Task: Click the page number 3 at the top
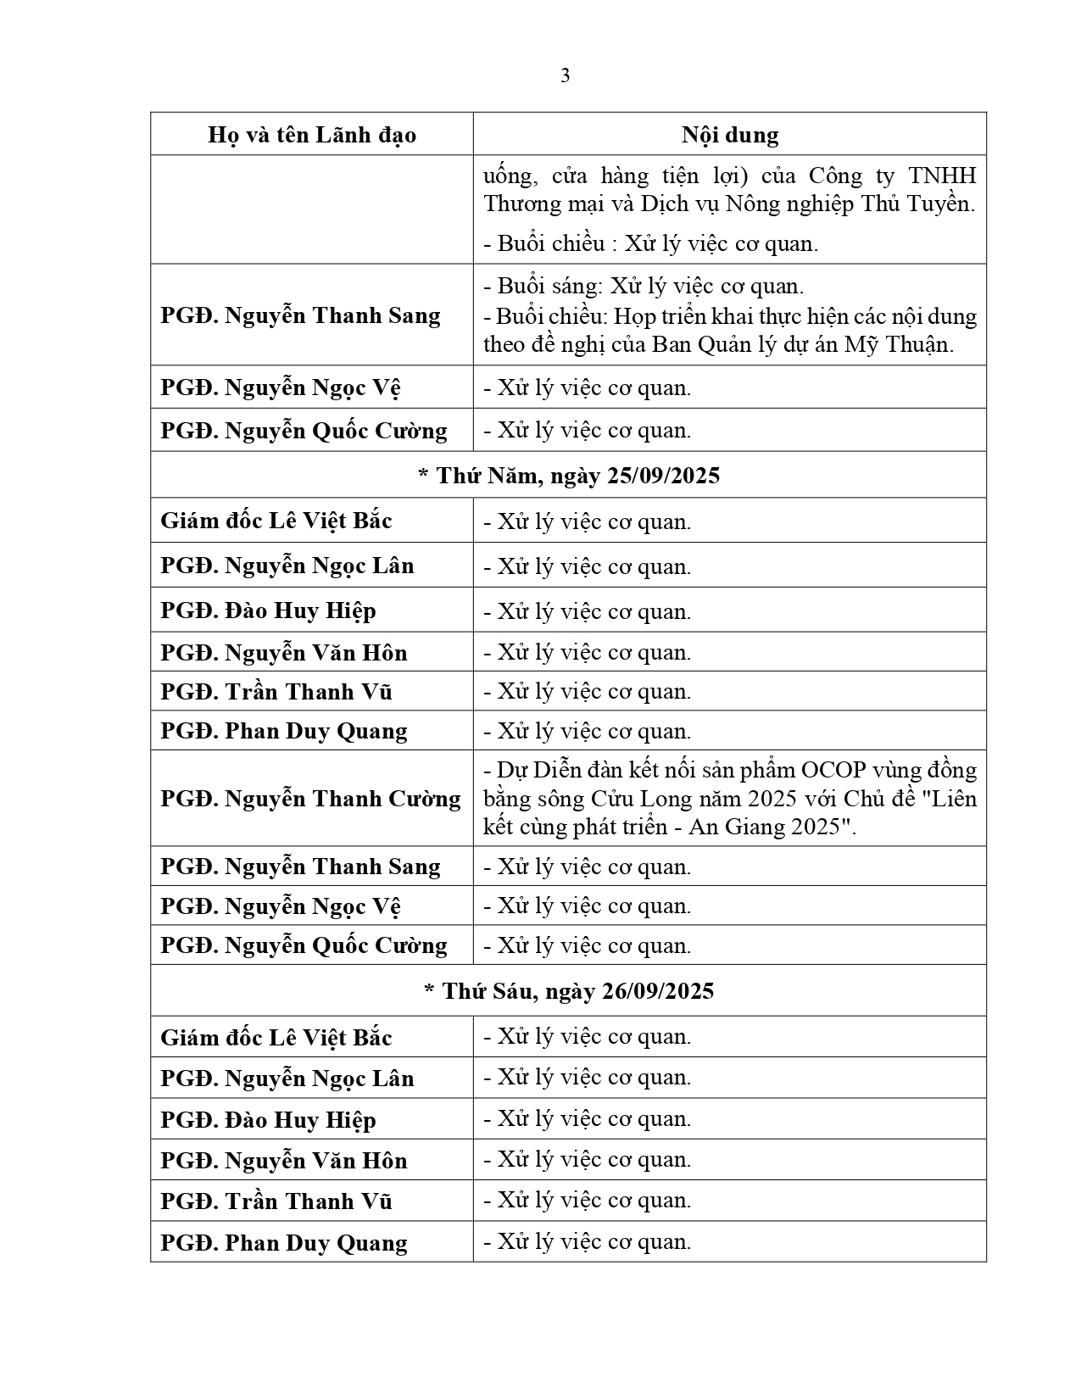566,76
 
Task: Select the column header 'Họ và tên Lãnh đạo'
312,136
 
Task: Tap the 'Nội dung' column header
730,135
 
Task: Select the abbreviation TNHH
942,176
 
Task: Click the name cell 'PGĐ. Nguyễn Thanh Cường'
310,799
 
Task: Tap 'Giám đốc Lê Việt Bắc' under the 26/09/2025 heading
276,1038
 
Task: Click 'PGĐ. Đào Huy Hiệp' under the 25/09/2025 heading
268,610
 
